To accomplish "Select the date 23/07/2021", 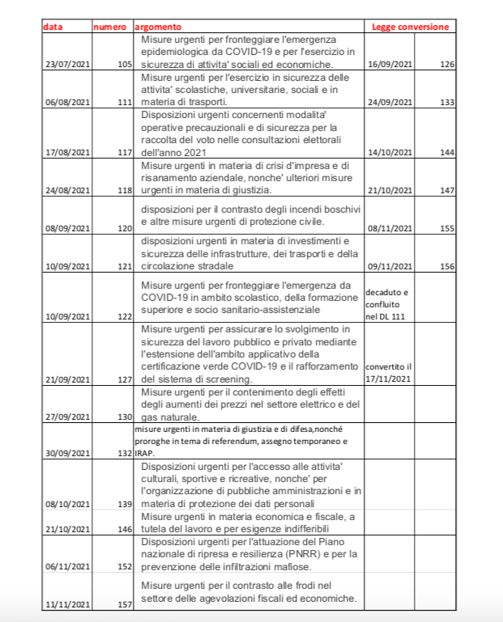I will click(x=67, y=63).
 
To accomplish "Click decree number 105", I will click(x=125, y=63).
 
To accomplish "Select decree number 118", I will click(x=125, y=191).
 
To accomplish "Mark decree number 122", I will click(x=125, y=316).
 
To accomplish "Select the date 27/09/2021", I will click(x=67, y=417).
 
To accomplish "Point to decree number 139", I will click(x=125, y=503).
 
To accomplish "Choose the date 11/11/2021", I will click(x=67, y=603).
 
